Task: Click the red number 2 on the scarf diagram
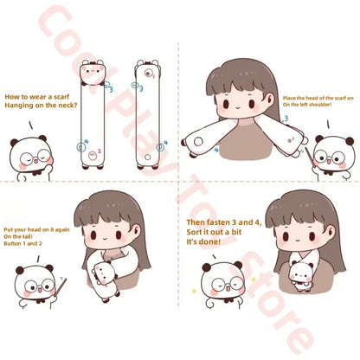point(100,151)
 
